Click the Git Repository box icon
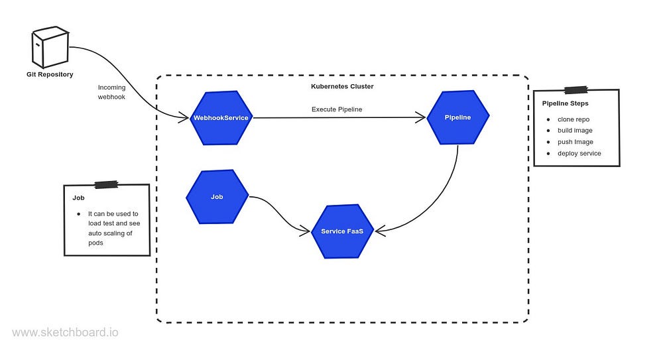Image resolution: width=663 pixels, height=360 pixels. tap(50, 47)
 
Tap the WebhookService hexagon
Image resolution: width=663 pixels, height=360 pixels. tap(221, 118)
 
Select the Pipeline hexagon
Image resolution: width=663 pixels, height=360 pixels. tap(458, 117)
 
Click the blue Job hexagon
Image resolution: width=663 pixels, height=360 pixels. tap(217, 197)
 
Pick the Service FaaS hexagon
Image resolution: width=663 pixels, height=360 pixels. tap(343, 231)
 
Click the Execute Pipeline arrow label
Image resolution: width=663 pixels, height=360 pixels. tap(337, 109)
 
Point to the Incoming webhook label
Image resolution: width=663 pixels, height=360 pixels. tap(111, 92)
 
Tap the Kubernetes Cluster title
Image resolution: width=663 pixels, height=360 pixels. tap(342, 86)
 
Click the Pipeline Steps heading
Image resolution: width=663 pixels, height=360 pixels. tap(566, 103)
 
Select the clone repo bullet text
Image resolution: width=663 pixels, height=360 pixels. tap(573, 119)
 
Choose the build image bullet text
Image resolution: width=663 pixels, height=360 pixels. tap(575, 131)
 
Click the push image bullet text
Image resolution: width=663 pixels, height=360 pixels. tap(575, 142)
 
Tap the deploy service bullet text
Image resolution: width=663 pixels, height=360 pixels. tap(579, 153)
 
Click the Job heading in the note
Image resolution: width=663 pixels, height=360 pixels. tap(78, 198)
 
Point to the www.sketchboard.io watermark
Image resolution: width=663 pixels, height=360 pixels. tap(65, 333)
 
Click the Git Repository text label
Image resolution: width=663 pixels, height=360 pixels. tap(50, 74)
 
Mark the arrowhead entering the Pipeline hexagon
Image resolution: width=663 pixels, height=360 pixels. tap(420, 117)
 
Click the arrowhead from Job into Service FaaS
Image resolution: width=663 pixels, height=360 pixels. tap(305, 232)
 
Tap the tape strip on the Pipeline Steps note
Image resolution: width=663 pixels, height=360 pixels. tap(576, 90)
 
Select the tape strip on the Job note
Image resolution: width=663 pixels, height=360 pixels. tap(106, 184)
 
